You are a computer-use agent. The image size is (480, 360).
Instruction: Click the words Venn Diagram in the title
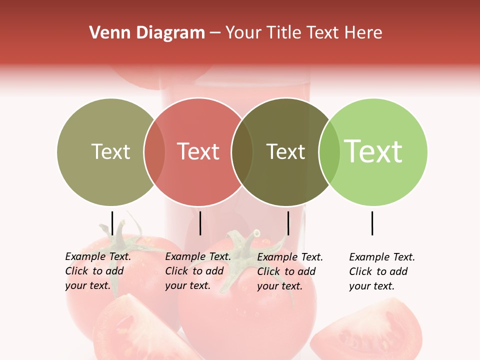[x=147, y=33]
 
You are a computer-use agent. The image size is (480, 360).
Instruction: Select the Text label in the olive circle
[x=110, y=152]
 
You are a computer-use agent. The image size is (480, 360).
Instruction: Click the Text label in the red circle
[x=198, y=151]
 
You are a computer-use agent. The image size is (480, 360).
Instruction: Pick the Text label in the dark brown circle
[x=285, y=152]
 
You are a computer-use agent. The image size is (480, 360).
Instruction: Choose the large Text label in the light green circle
[x=373, y=151]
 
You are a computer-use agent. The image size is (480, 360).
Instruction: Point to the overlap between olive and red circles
[x=154, y=152]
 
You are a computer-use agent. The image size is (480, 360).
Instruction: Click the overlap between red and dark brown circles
[x=242, y=152]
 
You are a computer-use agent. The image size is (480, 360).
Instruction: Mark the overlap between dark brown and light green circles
[x=329, y=152]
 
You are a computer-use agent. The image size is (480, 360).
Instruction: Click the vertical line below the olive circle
[x=112, y=223]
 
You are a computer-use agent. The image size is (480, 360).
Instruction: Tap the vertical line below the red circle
[x=200, y=223]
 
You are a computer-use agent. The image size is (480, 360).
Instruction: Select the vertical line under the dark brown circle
[x=288, y=223]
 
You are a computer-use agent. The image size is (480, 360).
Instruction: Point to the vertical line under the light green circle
[x=372, y=223]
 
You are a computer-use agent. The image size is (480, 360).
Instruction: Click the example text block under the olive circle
[x=98, y=271]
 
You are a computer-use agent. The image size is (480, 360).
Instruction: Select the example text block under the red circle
[x=198, y=271]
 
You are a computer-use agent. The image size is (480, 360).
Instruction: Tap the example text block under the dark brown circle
[x=290, y=271]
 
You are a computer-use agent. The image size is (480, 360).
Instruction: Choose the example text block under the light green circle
[x=382, y=271]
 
